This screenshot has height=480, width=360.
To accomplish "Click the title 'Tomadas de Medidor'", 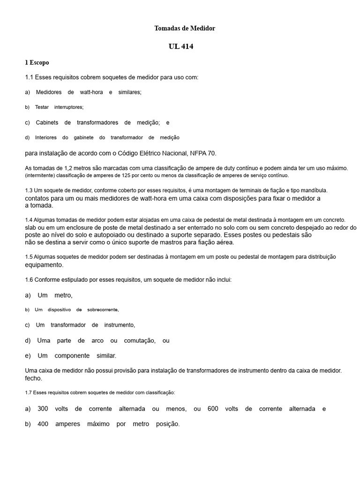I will [x=185, y=29].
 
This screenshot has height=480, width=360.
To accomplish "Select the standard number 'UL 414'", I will [x=180, y=46].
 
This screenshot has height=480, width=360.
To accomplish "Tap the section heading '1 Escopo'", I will [x=37, y=62].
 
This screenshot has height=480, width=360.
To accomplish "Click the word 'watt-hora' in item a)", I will [x=91, y=92].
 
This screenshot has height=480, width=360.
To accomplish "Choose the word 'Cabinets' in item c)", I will [x=47, y=122].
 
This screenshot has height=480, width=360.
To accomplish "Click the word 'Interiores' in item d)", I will [x=46, y=137].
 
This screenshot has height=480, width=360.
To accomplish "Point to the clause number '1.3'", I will [x=29, y=190].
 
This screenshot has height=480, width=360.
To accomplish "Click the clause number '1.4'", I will [x=29, y=220].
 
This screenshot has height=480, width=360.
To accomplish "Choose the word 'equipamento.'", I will [x=44, y=264].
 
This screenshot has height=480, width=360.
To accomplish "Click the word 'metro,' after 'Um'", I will [x=63, y=295].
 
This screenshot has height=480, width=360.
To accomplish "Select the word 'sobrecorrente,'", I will [x=103, y=310].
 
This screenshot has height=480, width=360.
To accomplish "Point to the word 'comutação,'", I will [x=139, y=340].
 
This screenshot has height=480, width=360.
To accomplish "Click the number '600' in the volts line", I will [x=213, y=409].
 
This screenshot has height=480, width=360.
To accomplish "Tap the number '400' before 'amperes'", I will [x=43, y=424].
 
